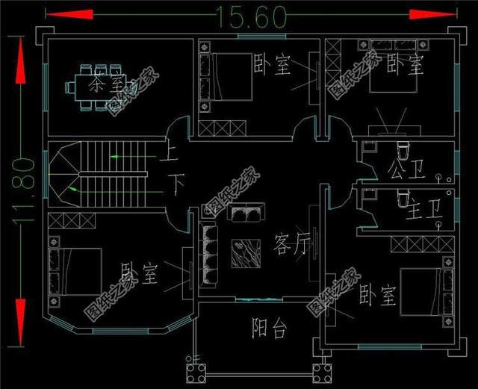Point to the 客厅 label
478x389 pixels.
point(292,243)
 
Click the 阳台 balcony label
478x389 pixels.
point(269,329)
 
